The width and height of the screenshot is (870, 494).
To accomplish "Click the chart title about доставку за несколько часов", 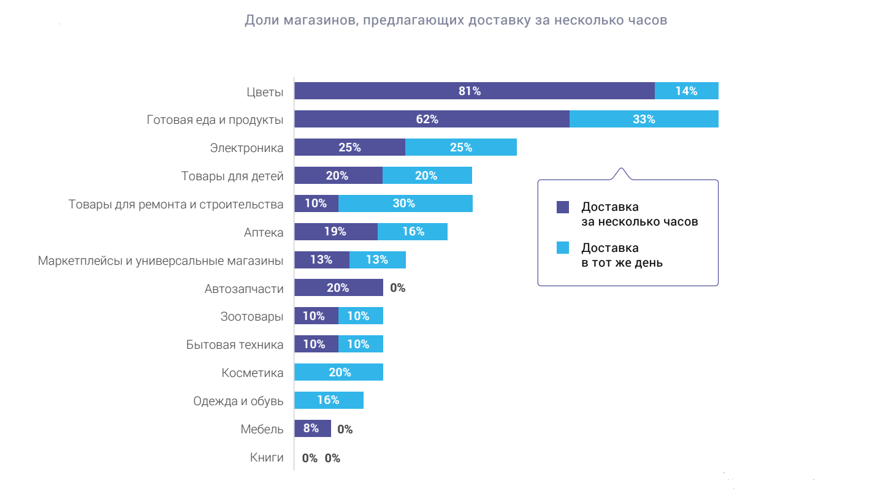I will click(x=456, y=20).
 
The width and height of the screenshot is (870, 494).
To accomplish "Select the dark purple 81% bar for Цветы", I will click(x=474, y=91).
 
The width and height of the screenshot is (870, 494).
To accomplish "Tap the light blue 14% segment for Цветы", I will click(x=686, y=91).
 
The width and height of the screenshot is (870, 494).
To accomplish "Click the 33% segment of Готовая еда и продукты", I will click(x=643, y=120).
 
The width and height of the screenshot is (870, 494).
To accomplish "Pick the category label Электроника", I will click(x=246, y=148).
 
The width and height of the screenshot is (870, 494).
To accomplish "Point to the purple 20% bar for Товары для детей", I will click(x=338, y=176).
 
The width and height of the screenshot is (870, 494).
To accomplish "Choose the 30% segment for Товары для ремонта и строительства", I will click(x=405, y=203).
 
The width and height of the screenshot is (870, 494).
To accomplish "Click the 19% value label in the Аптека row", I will click(x=335, y=232).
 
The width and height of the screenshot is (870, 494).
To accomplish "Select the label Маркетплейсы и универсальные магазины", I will click(x=161, y=260).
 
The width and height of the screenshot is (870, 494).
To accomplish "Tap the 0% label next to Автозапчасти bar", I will click(x=398, y=288).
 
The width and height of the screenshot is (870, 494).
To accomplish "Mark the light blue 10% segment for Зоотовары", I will click(x=360, y=316).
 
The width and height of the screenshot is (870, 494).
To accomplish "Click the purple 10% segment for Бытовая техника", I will click(x=316, y=344).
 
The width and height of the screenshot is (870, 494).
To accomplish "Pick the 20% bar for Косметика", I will click(x=338, y=373).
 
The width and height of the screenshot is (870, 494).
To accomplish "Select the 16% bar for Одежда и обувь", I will click(x=329, y=401).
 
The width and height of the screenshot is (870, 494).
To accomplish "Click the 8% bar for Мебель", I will click(x=312, y=429).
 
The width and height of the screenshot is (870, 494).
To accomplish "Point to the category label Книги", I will click(x=267, y=457).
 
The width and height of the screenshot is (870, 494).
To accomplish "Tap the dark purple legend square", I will click(x=563, y=207).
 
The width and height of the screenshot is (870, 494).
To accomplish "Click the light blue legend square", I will click(x=563, y=248).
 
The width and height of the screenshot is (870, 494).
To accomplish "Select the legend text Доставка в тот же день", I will click(x=622, y=256).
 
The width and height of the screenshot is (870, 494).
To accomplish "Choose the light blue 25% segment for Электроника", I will click(x=460, y=148).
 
